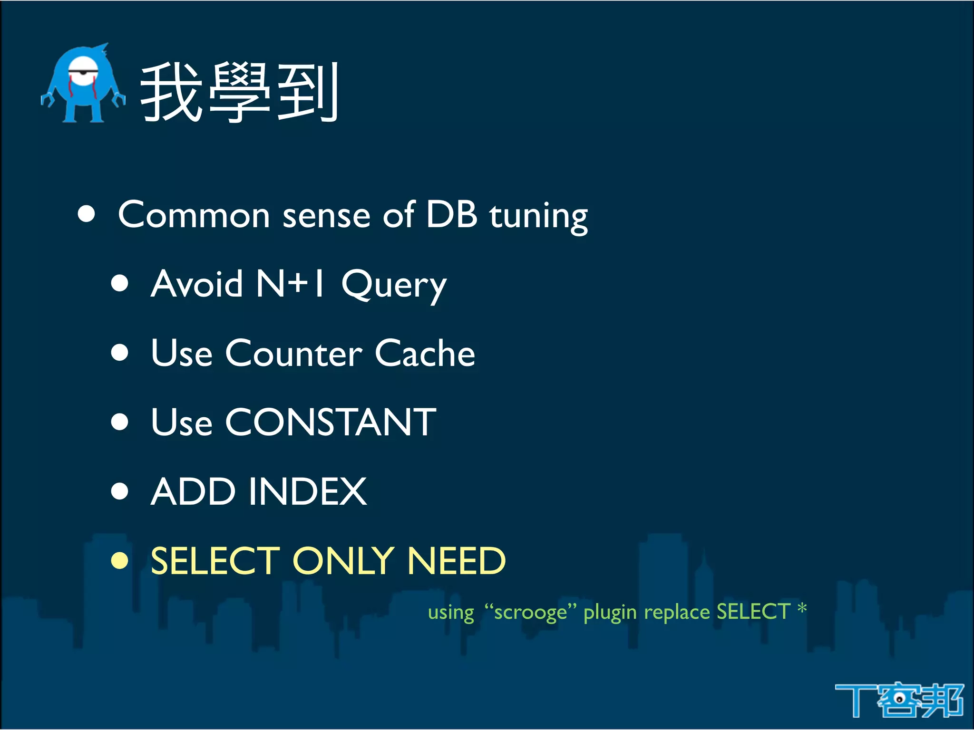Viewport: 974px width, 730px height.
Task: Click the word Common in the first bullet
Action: click(x=194, y=215)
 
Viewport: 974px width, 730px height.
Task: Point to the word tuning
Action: click(x=539, y=216)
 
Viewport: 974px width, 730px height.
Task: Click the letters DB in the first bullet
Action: click(x=451, y=214)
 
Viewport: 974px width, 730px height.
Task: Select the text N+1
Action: click(x=291, y=283)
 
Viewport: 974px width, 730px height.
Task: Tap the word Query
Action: click(x=394, y=285)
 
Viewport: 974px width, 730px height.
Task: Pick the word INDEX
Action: click(x=308, y=491)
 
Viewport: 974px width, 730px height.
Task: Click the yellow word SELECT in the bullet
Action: click(x=215, y=561)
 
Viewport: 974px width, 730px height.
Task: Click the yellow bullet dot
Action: click(x=120, y=560)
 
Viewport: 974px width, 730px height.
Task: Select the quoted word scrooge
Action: click(x=530, y=612)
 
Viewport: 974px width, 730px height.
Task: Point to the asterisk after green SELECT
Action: click(x=802, y=608)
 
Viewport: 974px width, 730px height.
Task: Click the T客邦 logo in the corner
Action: click(x=899, y=700)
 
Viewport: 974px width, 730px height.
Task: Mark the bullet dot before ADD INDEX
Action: click(x=120, y=491)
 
